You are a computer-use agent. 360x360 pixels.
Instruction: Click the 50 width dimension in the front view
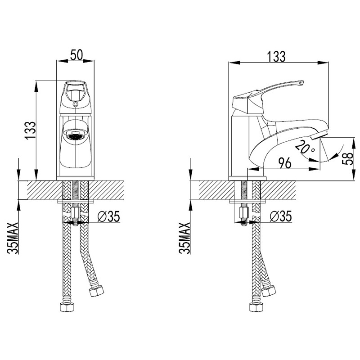click(76, 55)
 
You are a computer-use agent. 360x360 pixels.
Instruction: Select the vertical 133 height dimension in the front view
click(31, 130)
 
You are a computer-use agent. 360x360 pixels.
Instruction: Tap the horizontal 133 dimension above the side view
click(276, 57)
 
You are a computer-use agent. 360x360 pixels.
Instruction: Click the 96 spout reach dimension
click(285, 163)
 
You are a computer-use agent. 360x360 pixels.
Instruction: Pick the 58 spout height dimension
click(347, 159)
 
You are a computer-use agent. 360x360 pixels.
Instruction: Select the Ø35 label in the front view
click(108, 216)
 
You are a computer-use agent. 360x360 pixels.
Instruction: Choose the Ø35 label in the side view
click(280, 216)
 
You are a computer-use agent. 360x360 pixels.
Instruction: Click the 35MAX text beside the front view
click(13, 238)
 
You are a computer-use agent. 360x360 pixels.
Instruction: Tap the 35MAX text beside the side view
click(185, 238)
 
